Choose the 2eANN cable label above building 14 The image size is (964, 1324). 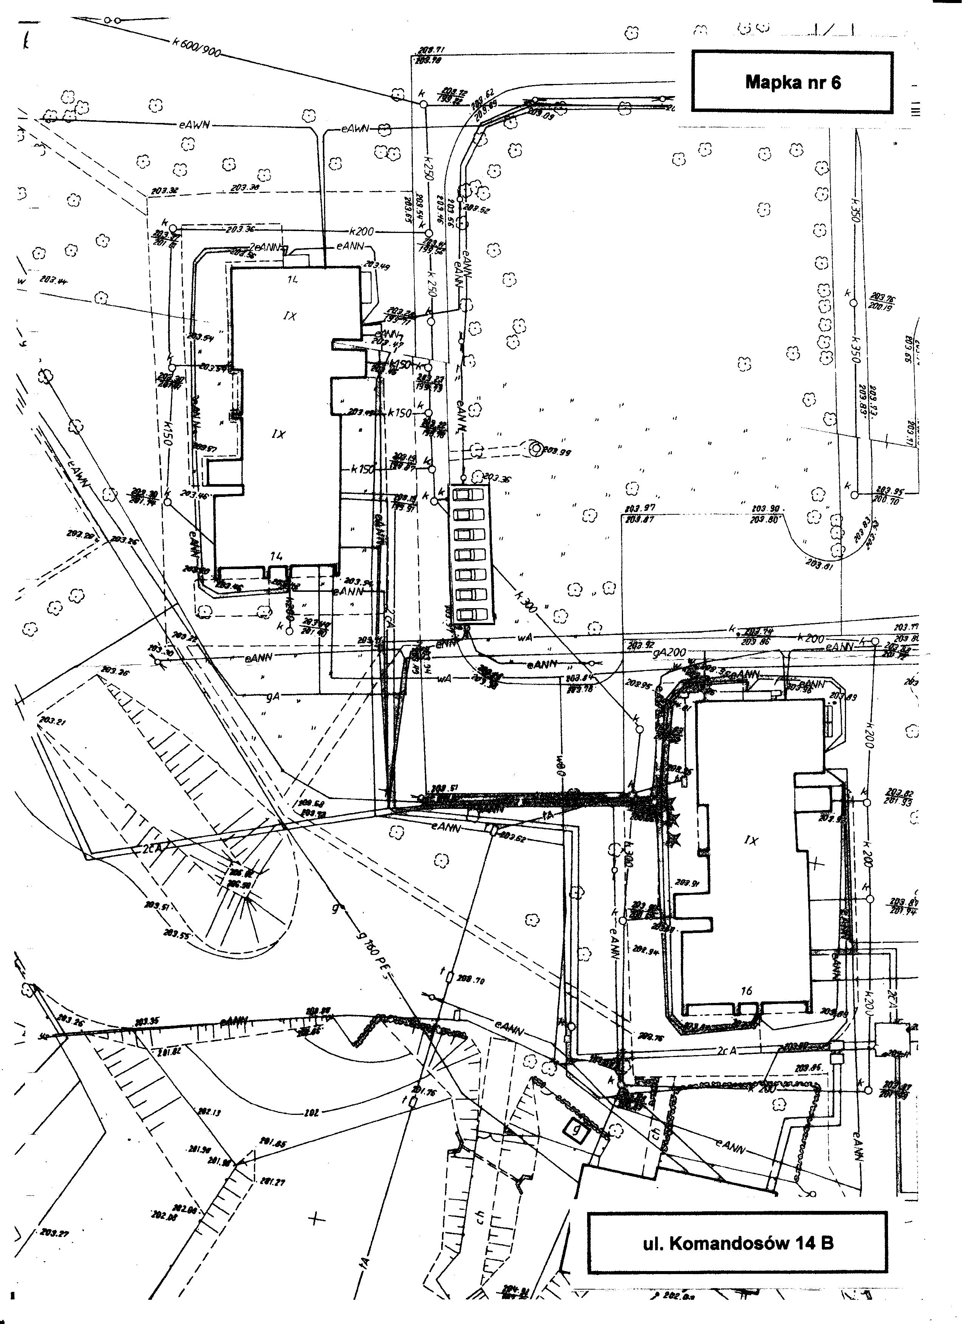pos(265,247)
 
